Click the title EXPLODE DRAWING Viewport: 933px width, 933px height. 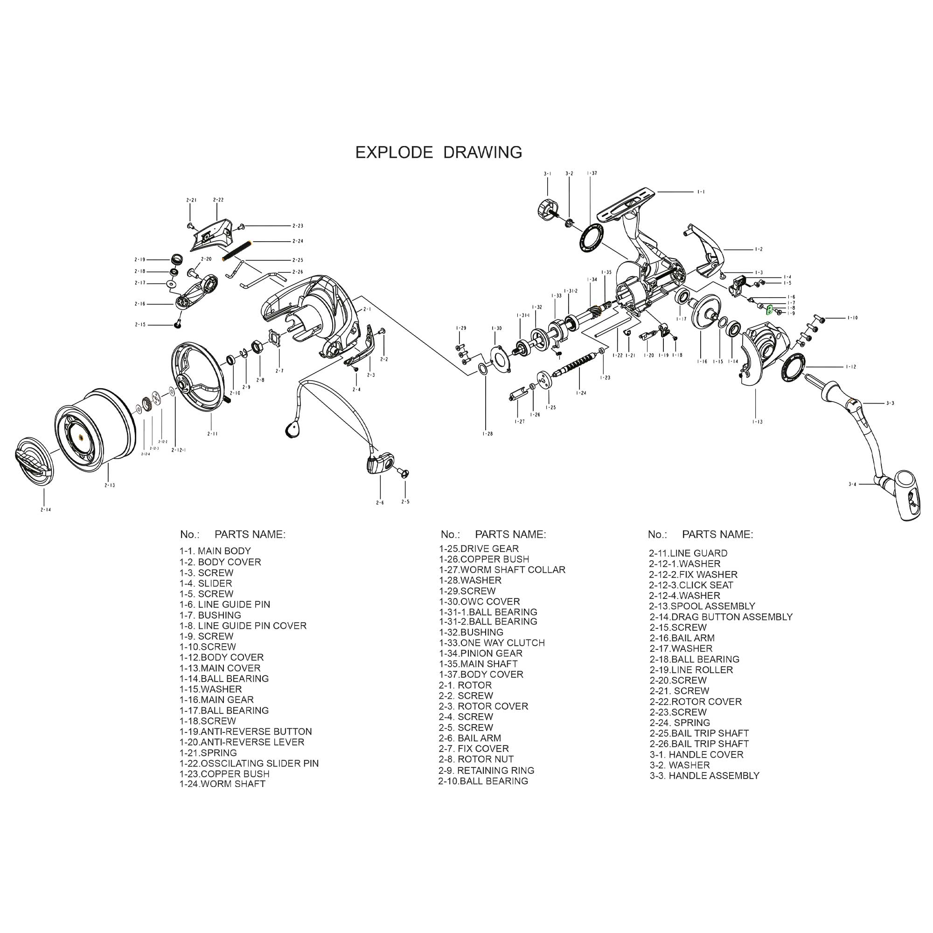pos(439,152)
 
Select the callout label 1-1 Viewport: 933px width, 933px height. pos(701,192)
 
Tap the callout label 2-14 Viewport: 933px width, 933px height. pos(45,509)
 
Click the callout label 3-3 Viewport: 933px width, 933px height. pos(890,403)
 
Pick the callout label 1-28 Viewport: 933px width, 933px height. pos(487,434)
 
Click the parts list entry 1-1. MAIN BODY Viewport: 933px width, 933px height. pos(215,550)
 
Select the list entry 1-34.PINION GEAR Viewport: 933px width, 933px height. pos(480,653)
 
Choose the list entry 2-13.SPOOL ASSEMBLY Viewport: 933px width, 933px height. pos(702,606)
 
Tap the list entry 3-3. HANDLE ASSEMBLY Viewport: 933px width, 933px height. pos(704,776)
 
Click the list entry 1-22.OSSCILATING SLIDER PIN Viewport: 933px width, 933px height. pos(249,763)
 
